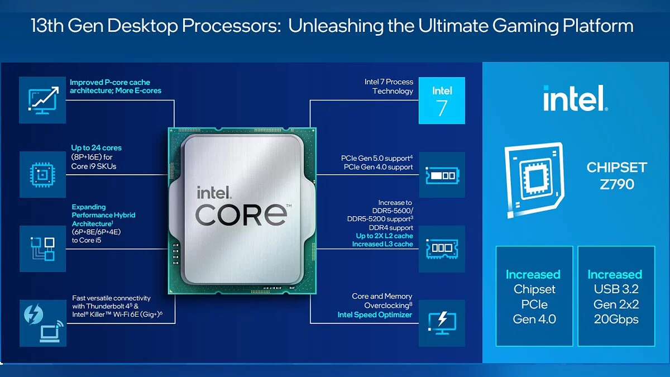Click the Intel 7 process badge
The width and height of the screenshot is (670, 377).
tap(442, 101)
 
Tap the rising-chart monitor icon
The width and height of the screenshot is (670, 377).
tap(42, 100)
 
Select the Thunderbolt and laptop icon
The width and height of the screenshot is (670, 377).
tap(42, 323)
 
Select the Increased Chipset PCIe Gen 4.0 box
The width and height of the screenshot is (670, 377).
tap(534, 296)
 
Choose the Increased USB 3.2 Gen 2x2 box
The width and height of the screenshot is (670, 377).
tap(616, 296)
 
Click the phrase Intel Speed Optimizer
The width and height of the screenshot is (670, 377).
tap(375, 315)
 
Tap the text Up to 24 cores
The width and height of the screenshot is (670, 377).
tap(96, 148)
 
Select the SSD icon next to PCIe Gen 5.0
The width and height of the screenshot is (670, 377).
tap(442, 175)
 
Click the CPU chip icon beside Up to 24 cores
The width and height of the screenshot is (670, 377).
tap(42, 174)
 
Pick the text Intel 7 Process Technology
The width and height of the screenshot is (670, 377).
tap(389, 87)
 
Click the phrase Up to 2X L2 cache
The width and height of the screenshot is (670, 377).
tap(385, 236)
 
